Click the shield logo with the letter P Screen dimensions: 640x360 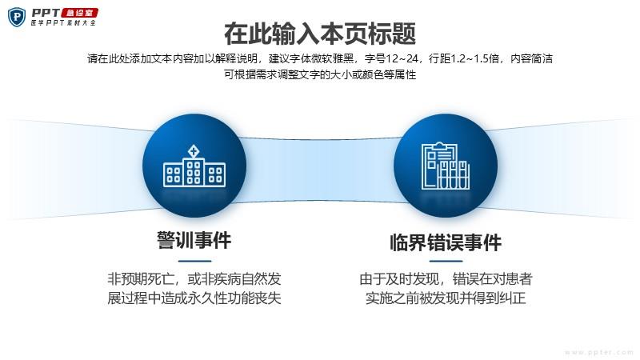17,17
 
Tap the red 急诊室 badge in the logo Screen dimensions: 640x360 79,13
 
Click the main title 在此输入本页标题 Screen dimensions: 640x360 320,34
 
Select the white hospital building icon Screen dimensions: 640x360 194,166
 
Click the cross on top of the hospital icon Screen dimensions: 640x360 194,151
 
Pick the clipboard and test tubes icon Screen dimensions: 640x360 446,166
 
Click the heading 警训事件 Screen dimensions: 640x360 194,240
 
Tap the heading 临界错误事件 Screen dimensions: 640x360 446,242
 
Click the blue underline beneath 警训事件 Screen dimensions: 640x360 194,261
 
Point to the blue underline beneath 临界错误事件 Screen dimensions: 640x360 446,261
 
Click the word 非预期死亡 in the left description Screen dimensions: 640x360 141,279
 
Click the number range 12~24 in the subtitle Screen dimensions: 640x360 402,58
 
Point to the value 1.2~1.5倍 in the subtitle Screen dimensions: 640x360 474,58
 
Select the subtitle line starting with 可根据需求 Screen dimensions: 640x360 320,74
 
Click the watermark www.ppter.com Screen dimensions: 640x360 599,352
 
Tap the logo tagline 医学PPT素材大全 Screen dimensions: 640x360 63,23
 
